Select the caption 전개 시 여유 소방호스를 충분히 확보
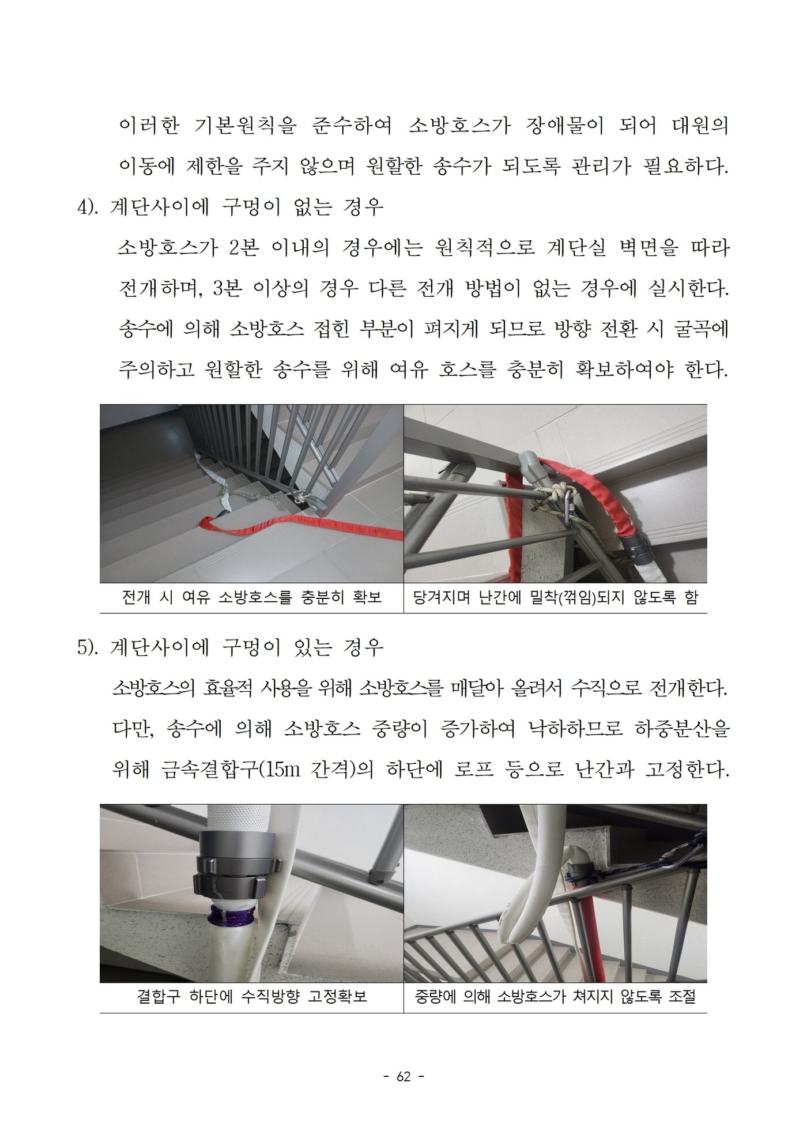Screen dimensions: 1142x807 (x=251, y=597)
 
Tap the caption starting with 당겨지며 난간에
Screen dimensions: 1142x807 (x=555, y=597)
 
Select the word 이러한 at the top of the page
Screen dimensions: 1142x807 (x=149, y=126)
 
